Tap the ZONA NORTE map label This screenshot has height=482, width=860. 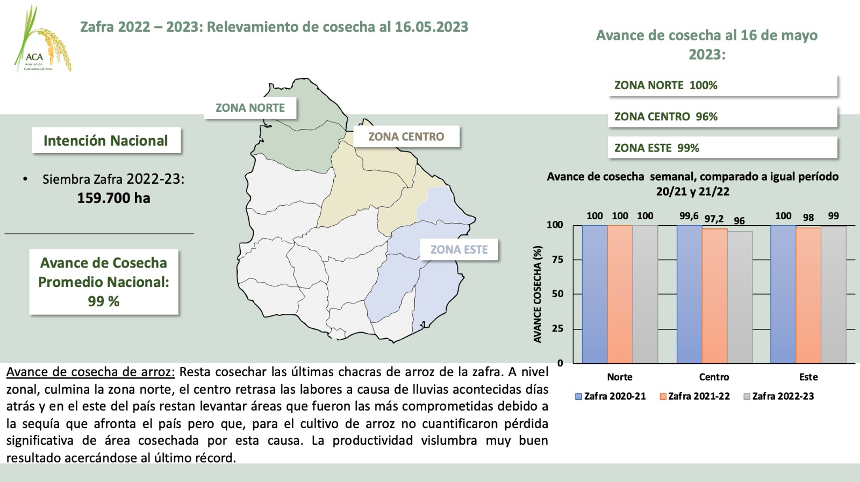point(250,108)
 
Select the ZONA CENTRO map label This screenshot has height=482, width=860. point(406,136)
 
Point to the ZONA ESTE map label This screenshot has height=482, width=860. point(459,250)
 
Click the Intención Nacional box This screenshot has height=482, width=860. point(106,141)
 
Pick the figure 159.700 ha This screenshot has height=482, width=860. point(113,198)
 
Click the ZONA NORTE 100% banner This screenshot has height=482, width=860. point(722,85)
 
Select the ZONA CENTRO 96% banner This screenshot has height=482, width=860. point(722,117)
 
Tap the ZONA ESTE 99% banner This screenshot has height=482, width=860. point(722,148)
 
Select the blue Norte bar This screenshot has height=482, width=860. point(594,294)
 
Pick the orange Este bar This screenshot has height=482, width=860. point(808,296)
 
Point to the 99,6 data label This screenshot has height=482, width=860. point(689,216)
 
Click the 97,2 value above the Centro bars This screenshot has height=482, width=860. point(714,219)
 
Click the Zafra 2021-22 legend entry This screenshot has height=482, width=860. point(694,397)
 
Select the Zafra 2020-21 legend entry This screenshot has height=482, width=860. point(611,397)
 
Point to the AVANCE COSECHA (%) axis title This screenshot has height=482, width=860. point(537,294)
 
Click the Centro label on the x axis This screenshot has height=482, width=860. point(714,377)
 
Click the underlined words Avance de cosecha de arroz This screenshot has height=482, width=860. point(90,372)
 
